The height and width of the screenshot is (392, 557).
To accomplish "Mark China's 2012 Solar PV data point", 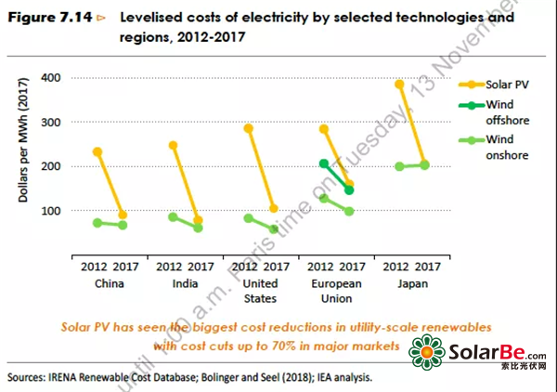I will tap(98, 151).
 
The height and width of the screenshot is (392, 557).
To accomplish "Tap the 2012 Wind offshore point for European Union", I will tap(324, 163).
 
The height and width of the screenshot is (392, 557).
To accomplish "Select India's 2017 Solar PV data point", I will tap(199, 220).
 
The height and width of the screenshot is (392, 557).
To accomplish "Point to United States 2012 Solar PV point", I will tap(249, 128).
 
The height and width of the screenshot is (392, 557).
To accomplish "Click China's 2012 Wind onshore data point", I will tap(98, 223).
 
